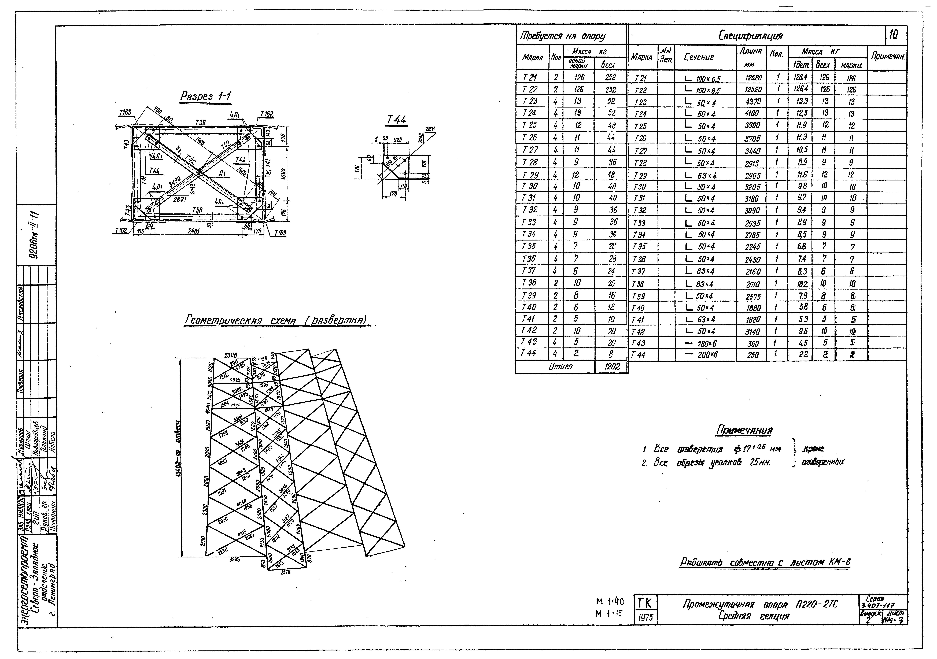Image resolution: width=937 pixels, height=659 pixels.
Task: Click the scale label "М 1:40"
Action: click(610, 601)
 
